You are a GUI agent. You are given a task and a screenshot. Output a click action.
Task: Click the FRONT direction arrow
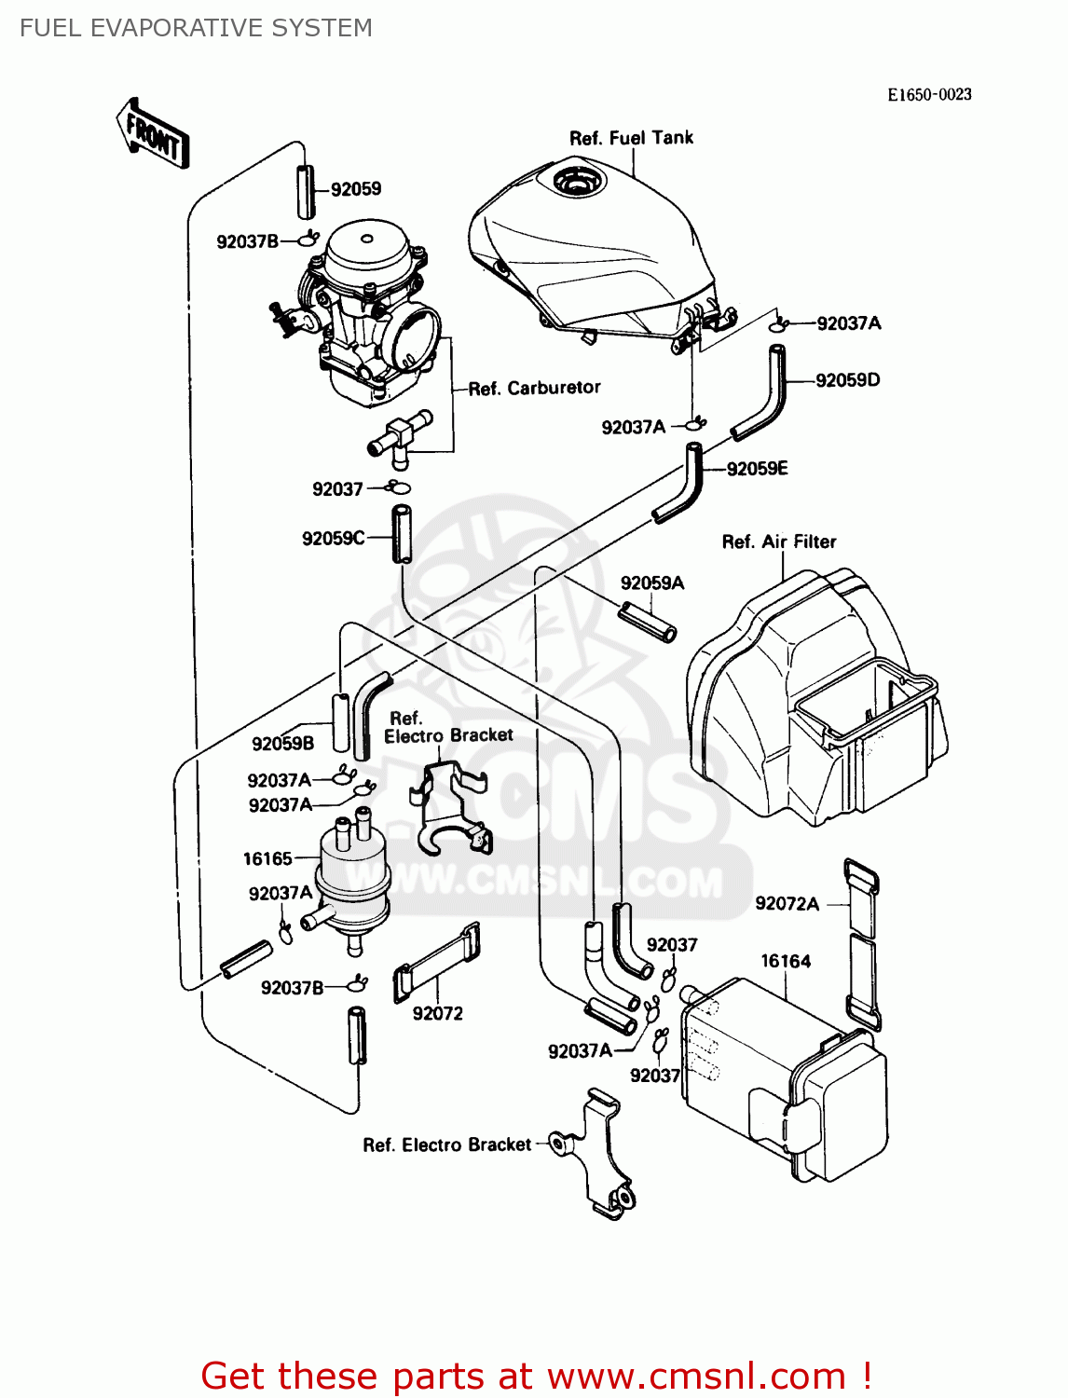click(x=153, y=134)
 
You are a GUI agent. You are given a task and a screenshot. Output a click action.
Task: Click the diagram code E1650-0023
click(x=928, y=94)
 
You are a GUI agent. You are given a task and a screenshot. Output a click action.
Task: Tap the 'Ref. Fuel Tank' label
click(x=631, y=138)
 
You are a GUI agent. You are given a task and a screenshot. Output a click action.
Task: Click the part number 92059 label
click(x=356, y=189)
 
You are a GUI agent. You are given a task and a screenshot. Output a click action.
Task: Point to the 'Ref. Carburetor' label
click(x=534, y=388)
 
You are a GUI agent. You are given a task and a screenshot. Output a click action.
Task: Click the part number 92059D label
click(x=847, y=380)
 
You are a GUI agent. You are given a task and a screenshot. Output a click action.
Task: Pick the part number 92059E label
click(x=757, y=469)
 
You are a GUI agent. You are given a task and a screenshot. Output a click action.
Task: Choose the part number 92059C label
click(x=333, y=539)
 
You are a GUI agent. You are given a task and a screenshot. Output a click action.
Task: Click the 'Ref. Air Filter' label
click(x=779, y=541)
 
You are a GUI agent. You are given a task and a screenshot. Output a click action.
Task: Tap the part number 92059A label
click(x=652, y=583)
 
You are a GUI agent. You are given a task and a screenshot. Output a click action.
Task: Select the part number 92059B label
click(x=282, y=744)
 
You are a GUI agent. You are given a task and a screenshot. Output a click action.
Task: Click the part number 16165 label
click(x=267, y=858)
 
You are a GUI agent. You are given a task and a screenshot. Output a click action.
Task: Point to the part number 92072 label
click(x=437, y=1014)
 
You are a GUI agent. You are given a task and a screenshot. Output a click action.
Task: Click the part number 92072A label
click(x=787, y=903)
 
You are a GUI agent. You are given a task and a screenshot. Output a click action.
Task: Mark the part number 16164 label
click(x=786, y=961)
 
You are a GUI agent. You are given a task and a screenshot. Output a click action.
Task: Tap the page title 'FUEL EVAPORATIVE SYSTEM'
click(x=196, y=28)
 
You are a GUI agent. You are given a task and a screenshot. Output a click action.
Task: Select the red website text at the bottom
click(x=536, y=1376)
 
